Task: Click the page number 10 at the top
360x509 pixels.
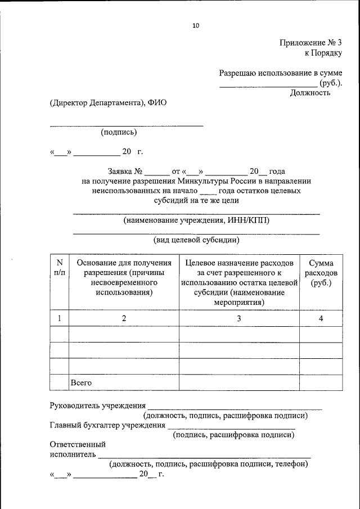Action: [x=195, y=25]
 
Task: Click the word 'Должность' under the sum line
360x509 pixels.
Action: [x=310, y=93]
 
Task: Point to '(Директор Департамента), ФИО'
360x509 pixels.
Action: [x=108, y=102]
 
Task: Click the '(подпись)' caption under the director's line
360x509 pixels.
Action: [x=119, y=133]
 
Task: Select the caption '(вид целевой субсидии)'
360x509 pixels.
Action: [x=197, y=240]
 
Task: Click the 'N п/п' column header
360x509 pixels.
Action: [x=59, y=268]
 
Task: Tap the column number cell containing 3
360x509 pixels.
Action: [x=238, y=318]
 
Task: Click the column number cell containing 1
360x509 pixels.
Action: [x=59, y=318]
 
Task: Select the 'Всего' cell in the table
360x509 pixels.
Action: [x=81, y=382]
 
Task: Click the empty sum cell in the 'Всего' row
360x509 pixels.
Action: [x=321, y=382]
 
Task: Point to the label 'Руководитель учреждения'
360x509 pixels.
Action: [x=97, y=406]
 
